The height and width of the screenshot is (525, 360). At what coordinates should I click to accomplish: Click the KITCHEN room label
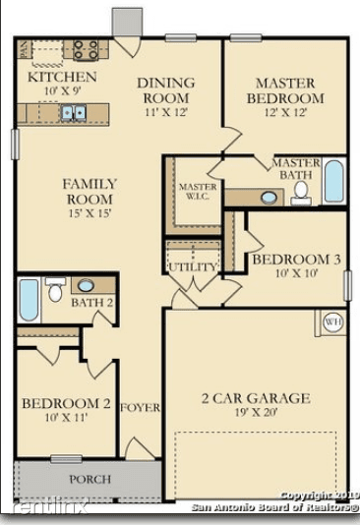(61, 77)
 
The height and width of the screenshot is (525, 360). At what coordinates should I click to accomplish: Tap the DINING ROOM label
(165, 90)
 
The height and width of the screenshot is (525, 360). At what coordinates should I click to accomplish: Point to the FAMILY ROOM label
(90, 191)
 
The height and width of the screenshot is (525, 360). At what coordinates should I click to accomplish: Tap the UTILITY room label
(191, 266)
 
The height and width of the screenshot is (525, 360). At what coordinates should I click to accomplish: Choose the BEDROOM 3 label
(296, 260)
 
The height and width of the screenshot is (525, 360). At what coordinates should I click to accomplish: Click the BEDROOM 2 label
(66, 403)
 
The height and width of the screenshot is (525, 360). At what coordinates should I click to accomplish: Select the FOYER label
(140, 407)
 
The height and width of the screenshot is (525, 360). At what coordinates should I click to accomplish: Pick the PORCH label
(89, 479)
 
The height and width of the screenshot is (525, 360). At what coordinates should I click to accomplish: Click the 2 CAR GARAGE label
(256, 398)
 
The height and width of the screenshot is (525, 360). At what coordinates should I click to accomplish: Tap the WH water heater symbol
(332, 321)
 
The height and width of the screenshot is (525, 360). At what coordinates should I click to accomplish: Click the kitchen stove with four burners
(85, 49)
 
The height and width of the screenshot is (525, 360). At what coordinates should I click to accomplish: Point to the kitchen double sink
(73, 113)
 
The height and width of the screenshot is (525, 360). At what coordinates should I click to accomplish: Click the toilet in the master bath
(302, 191)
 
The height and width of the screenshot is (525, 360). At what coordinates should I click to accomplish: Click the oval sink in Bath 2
(86, 286)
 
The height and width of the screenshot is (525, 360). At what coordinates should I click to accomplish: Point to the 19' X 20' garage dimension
(255, 414)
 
